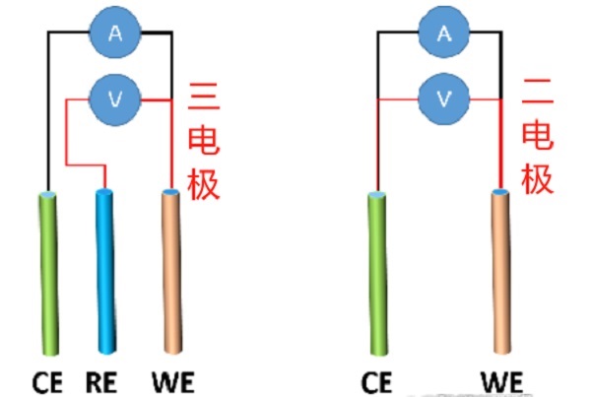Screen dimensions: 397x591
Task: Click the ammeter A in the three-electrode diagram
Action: (x=115, y=33)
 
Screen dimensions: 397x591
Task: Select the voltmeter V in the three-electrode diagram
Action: (x=115, y=97)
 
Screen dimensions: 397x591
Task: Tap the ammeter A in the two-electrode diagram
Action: (x=444, y=33)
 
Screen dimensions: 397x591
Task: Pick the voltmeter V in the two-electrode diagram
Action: (x=444, y=97)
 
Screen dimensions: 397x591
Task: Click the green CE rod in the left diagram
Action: (x=49, y=271)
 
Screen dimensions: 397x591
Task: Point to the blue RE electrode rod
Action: (x=106, y=271)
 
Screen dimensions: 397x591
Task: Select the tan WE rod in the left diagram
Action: (x=171, y=271)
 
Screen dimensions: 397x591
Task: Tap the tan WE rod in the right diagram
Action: (x=502, y=271)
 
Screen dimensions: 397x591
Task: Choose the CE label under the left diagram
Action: (x=46, y=379)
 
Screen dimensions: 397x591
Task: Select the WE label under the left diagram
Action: (x=171, y=379)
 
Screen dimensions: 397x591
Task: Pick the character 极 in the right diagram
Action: (x=537, y=179)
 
